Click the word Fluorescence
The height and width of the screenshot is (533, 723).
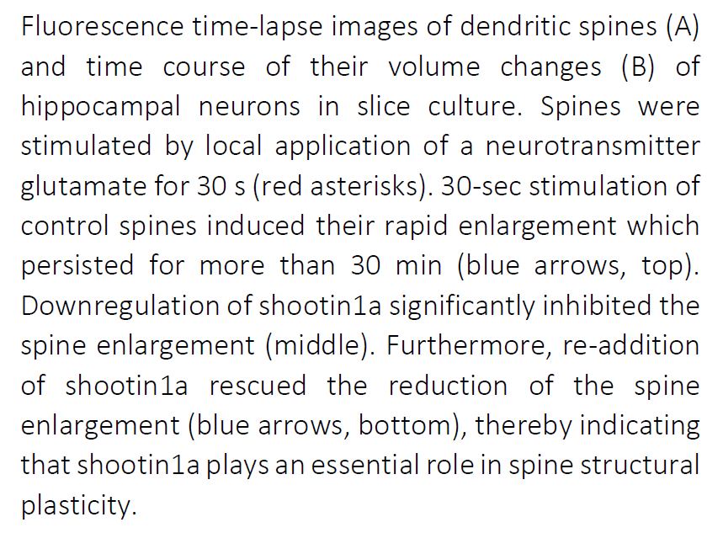[103, 26]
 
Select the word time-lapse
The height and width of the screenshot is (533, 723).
[258, 27]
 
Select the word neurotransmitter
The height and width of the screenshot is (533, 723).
[593, 147]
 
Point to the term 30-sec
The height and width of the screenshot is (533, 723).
[481, 187]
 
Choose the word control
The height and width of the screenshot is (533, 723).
[65, 227]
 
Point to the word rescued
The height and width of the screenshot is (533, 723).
[258, 386]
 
